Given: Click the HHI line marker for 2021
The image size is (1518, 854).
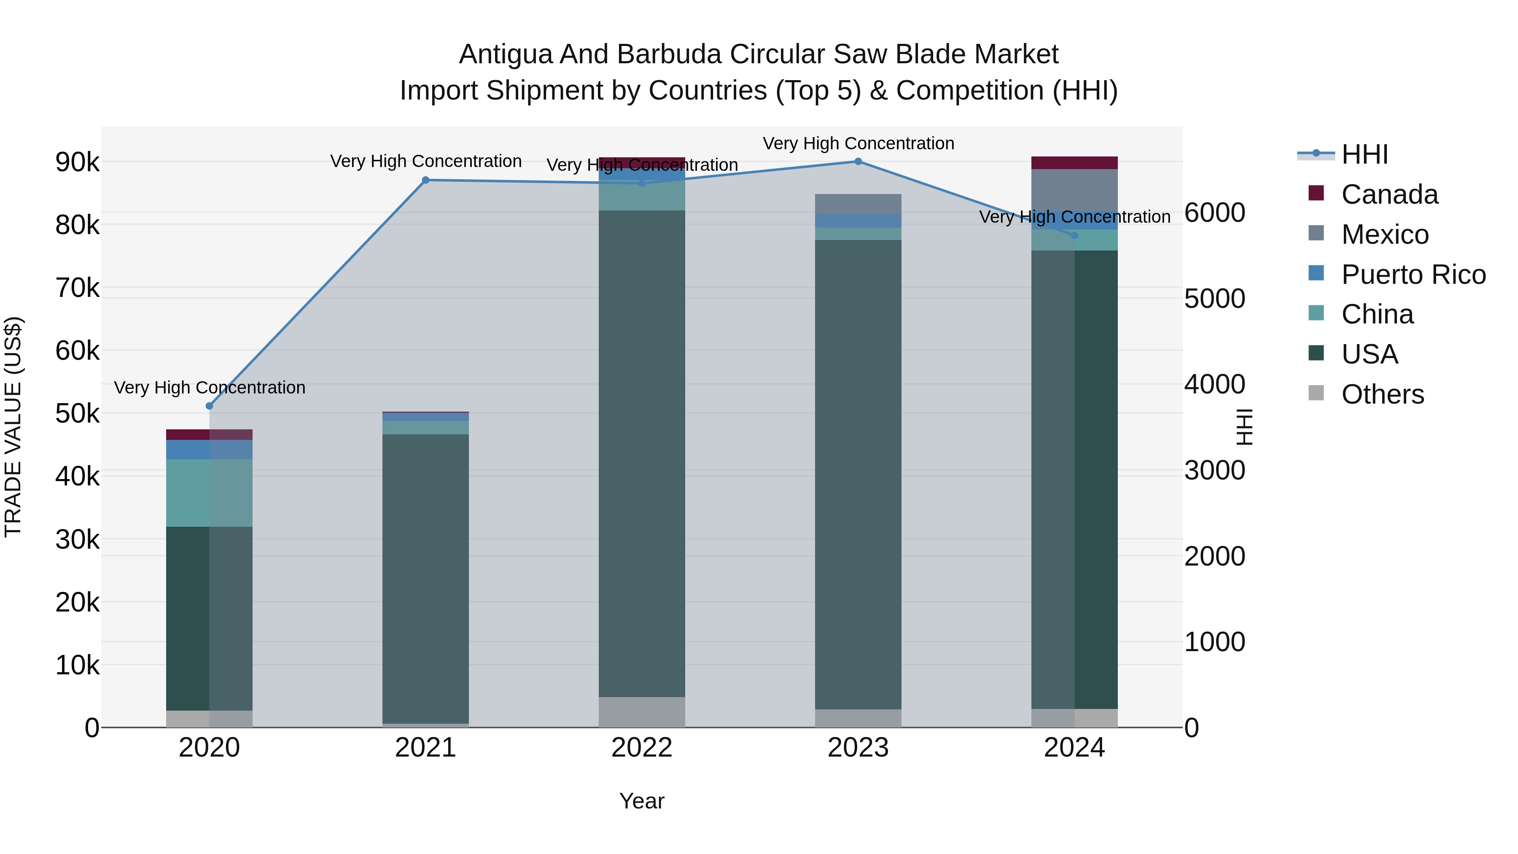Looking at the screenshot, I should click(425, 180).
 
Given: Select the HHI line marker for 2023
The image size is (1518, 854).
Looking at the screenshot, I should click(858, 162).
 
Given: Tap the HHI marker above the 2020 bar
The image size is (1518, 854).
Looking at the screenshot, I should click(209, 405).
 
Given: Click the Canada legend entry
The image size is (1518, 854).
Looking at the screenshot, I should click(1389, 194).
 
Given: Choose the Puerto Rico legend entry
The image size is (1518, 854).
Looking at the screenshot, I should click(1413, 275).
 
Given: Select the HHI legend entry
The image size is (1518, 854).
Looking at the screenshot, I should click(1364, 154).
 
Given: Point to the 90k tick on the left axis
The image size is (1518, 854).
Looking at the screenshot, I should click(77, 162).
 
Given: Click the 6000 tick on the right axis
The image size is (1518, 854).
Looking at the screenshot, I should click(1214, 213).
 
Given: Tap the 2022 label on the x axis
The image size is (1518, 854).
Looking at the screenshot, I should click(642, 748).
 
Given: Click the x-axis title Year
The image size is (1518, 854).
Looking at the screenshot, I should click(642, 801).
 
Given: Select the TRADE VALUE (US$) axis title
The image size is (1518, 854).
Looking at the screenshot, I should click(13, 427).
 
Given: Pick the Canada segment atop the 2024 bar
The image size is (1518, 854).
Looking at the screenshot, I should click(1074, 163).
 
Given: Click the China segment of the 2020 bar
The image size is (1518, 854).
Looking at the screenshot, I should click(209, 492).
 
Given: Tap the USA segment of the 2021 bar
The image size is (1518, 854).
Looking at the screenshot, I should click(425, 578).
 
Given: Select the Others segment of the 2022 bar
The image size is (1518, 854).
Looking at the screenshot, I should click(642, 712).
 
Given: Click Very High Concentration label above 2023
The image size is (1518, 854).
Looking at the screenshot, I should click(858, 143).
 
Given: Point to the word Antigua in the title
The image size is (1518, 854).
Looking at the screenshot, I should click(506, 54).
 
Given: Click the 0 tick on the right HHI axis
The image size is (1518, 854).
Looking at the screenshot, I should click(1192, 728).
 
